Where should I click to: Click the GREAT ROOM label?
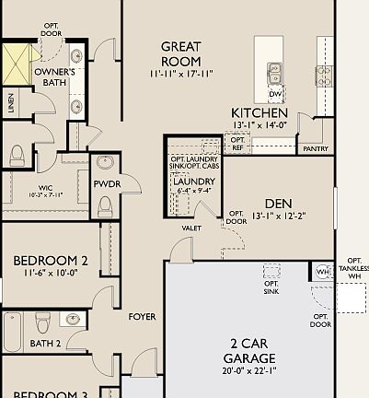pos(180,53)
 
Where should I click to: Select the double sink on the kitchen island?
pos(275,72)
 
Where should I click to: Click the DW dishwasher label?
pos(275,94)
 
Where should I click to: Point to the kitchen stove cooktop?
pos(324,75)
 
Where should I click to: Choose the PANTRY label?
pos(314,148)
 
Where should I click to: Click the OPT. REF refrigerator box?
pos(237,143)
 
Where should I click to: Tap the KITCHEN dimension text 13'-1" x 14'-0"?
pos(259,126)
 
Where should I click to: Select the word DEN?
pos(278,204)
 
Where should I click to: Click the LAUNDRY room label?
pos(193,181)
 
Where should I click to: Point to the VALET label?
pos(192,227)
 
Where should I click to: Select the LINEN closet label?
pos(10,103)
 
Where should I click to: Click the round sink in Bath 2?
pos(73,319)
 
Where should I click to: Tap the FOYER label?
pos(142,316)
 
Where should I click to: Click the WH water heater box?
pos(322,271)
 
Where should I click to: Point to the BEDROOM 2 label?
pos(51,261)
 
